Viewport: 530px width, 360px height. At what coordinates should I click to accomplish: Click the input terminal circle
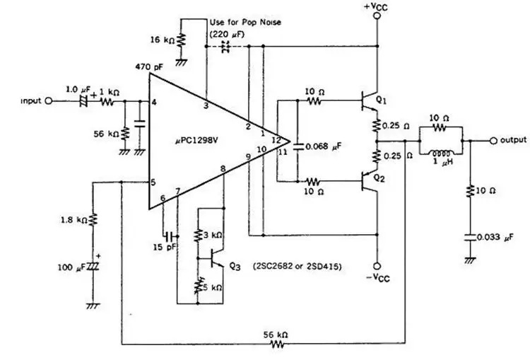tap(49, 101)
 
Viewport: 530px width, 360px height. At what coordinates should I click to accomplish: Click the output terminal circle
tap(493, 141)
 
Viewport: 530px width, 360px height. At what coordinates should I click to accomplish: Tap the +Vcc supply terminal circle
tap(377, 16)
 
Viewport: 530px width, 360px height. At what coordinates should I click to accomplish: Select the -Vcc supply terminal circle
tap(377, 266)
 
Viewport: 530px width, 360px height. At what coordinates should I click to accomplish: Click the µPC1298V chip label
tap(196, 141)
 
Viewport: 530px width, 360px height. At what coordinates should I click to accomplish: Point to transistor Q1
tap(369, 101)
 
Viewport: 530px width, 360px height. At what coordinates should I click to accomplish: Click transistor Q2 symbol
tap(369, 181)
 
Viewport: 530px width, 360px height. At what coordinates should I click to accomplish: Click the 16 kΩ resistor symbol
tap(181, 40)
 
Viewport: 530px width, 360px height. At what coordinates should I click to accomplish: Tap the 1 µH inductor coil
tap(441, 153)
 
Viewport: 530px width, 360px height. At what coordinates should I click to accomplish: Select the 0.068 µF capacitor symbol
tap(298, 146)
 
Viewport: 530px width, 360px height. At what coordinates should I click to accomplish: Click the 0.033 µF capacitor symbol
tap(470, 237)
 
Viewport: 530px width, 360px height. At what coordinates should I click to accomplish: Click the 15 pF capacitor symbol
tap(170, 236)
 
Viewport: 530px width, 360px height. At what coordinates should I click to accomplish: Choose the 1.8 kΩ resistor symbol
tap(93, 219)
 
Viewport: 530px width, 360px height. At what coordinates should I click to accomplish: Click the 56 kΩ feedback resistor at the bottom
tap(278, 344)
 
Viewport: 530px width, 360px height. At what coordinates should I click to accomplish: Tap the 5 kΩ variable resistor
tap(198, 286)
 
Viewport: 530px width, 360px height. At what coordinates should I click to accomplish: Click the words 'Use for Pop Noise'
tap(245, 23)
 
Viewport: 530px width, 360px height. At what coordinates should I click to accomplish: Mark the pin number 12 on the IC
tap(276, 140)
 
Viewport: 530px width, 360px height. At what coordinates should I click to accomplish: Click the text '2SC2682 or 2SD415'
tap(297, 266)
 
